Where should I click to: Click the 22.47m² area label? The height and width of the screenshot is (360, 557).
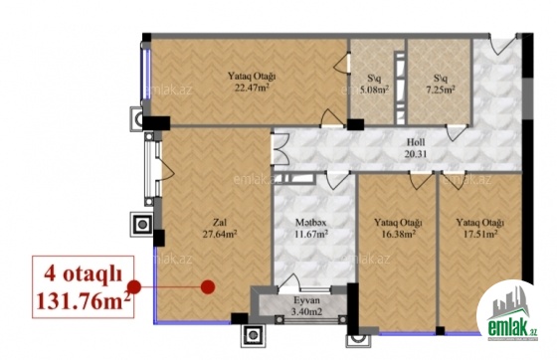click(x=252, y=87)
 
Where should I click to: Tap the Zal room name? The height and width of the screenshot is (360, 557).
click(x=220, y=223)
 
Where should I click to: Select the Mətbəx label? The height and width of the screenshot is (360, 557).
click(x=311, y=223)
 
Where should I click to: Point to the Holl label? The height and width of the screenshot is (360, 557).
click(x=416, y=142)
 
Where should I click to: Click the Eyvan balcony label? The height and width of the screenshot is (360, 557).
click(x=307, y=300)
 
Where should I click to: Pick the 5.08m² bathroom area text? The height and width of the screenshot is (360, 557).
click(x=374, y=90)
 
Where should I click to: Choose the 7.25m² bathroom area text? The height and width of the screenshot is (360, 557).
click(x=440, y=90)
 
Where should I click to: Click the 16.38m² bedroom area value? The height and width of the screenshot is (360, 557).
click(x=398, y=234)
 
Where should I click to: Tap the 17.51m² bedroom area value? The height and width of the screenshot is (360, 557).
click(x=479, y=234)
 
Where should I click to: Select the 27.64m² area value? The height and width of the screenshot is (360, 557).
click(x=220, y=234)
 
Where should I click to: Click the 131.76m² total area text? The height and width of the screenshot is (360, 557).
click(x=84, y=301)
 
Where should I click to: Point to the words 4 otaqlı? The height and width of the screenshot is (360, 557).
click(x=83, y=274)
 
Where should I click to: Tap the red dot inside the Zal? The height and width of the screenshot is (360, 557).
click(x=208, y=286)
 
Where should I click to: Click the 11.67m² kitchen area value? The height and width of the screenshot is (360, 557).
click(x=311, y=234)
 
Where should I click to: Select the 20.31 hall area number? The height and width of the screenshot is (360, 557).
click(x=416, y=154)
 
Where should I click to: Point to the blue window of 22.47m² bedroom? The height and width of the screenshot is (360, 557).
click(x=146, y=74)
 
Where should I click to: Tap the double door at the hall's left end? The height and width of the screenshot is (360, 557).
click(x=279, y=148)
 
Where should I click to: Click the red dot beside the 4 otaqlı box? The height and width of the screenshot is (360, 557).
click(x=134, y=286)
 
